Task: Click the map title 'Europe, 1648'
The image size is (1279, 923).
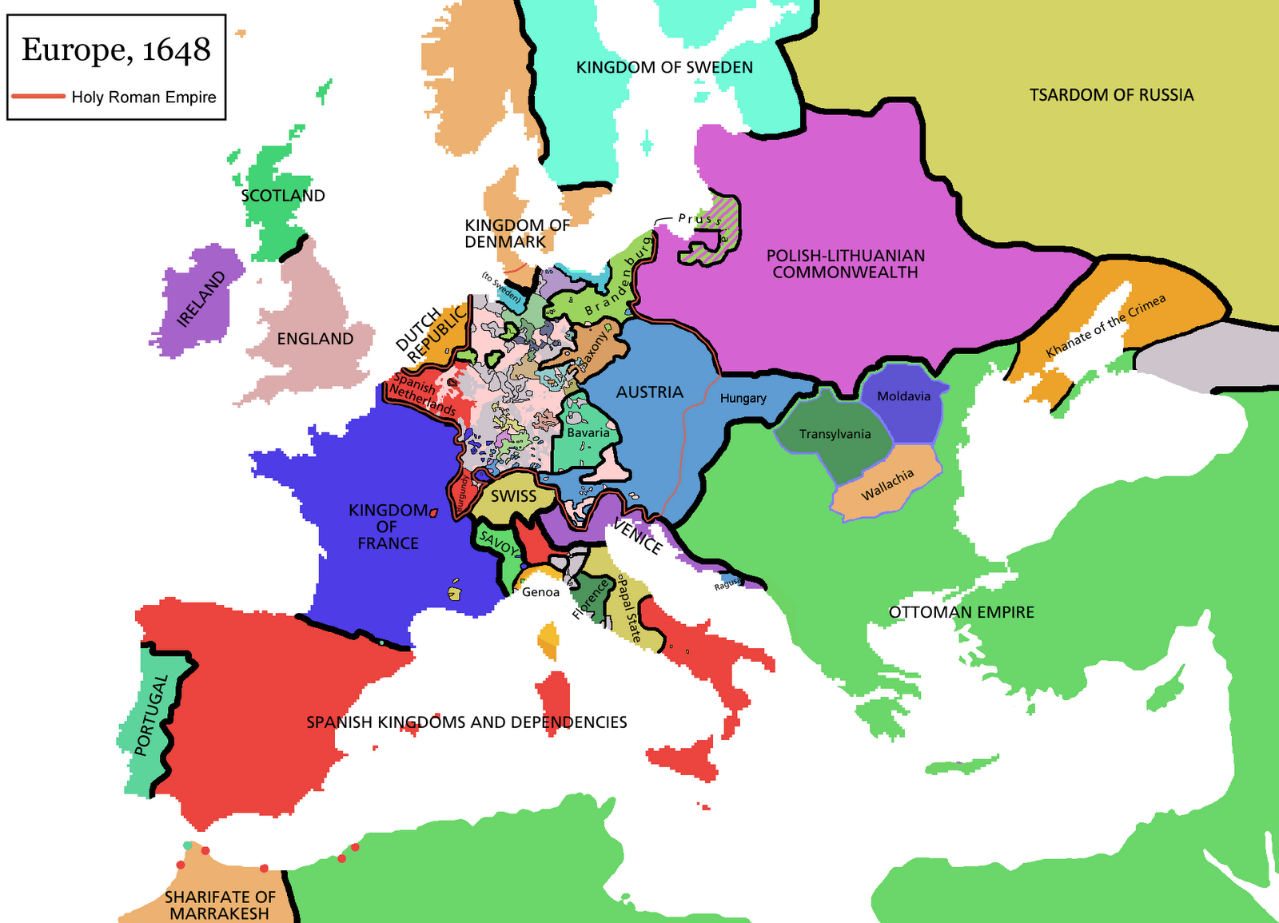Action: click(x=116, y=50)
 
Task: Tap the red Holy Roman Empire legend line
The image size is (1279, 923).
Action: click(x=38, y=97)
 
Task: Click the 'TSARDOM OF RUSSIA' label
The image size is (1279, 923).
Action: click(x=1111, y=95)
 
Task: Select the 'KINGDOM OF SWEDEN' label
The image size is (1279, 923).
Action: click(x=664, y=68)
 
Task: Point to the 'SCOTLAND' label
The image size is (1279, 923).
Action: click(x=283, y=196)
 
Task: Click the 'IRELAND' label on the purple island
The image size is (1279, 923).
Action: click(x=201, y=299)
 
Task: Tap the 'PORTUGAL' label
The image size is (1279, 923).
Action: click(x=151, y=715)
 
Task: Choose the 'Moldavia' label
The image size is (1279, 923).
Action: click(x=903, y=396)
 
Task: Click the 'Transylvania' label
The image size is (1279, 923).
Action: click(x=835, y=434)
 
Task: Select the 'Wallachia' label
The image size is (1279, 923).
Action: click(x=887, y=485)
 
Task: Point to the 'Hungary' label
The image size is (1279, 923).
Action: click(x=743, y=398)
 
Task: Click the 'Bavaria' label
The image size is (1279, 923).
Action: click(x=588, y=433)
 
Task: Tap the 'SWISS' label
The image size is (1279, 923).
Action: click(x=513, y=496)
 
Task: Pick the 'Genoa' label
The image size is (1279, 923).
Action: click(x=540, y=592)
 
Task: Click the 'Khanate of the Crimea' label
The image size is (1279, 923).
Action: click(x=1106, y=326)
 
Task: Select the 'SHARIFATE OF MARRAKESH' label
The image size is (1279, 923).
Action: click(x=219, y=905)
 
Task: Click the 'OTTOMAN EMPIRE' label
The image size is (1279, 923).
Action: click(x=961, y=612)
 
